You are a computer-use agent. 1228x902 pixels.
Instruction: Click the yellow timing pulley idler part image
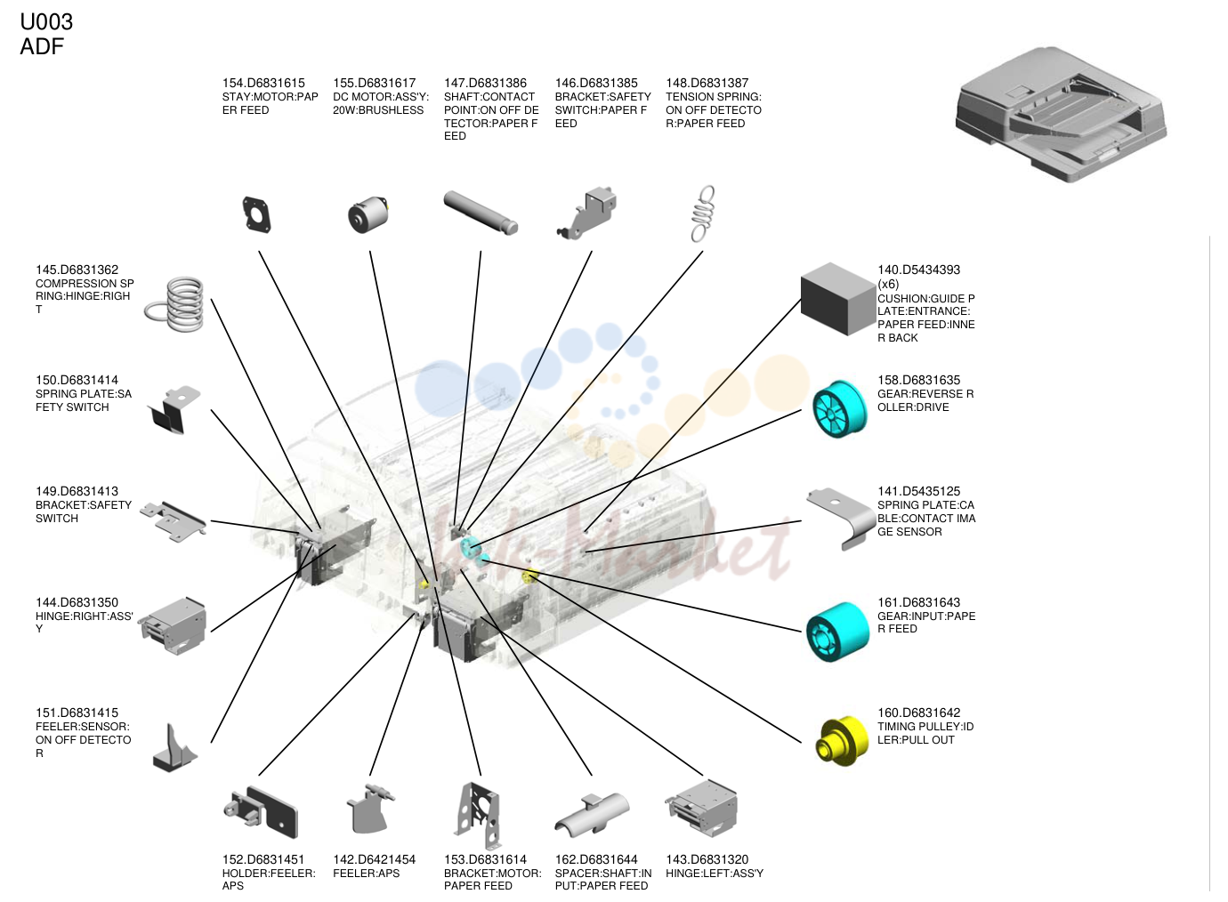tap(842, 741)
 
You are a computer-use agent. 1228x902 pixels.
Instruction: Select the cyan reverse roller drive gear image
tap(839, 409)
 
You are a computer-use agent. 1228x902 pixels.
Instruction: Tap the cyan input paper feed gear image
tap(837, 632)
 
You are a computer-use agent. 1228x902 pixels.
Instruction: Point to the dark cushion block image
tap(838, 298)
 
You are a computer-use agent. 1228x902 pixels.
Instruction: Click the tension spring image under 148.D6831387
tap(703, 213)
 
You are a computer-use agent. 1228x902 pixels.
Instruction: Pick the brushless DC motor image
tap(368, 214)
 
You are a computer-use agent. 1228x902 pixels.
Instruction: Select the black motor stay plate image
tap(256, 214)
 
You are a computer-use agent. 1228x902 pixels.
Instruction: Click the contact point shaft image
tap(481, 212)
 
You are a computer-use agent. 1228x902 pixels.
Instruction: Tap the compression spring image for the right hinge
tap(175, 303)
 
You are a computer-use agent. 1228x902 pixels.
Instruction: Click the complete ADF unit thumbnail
tap(1061, 114)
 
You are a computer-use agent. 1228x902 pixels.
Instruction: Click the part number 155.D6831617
tap(375, 83)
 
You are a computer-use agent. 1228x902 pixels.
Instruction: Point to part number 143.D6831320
tap(707, 859)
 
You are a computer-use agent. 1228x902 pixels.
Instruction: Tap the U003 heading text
tap(46, 22)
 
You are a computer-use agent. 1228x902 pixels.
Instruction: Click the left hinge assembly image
tap(702, 809)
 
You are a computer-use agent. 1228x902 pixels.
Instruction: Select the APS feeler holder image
tap(261, 812)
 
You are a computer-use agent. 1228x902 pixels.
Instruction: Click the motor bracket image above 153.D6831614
tap(478, 816)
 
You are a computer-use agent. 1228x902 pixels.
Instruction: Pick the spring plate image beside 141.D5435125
tap(841, 519)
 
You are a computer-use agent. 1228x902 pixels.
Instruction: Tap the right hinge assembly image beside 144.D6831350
tap(173, 626)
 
